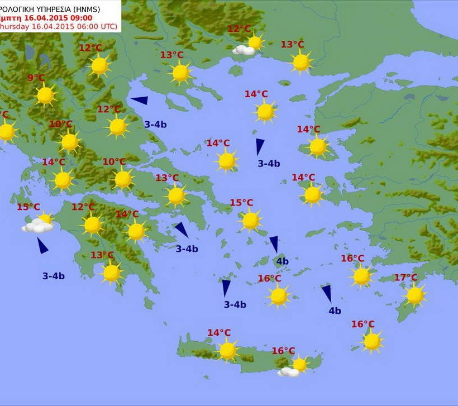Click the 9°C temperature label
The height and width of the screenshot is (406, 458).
[x=36, y=78]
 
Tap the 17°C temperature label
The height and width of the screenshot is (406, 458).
[x=405, y=278]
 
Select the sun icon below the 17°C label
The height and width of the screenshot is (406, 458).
[x=415, y=295]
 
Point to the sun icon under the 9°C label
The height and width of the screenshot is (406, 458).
[x=45, y=95]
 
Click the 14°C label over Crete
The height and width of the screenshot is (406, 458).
[x=219, y=333]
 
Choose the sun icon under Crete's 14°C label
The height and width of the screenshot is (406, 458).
[x=227, y=350]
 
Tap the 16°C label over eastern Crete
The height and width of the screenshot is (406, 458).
[x=283, y=351]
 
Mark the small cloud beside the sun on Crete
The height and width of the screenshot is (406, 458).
[x=289, y=371]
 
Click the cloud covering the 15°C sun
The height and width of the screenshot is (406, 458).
[x=37, y=226]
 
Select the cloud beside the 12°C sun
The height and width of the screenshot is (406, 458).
[x=244, y=50]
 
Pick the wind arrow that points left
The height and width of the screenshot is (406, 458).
[x=140, y=101]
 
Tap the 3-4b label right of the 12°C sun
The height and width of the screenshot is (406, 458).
[x=155, y=124]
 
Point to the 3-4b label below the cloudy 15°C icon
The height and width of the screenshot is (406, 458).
[x=54, y=275]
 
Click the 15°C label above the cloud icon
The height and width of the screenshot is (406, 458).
[x=28, y=207]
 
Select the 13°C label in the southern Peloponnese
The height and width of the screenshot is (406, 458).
[x=102, y=255]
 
